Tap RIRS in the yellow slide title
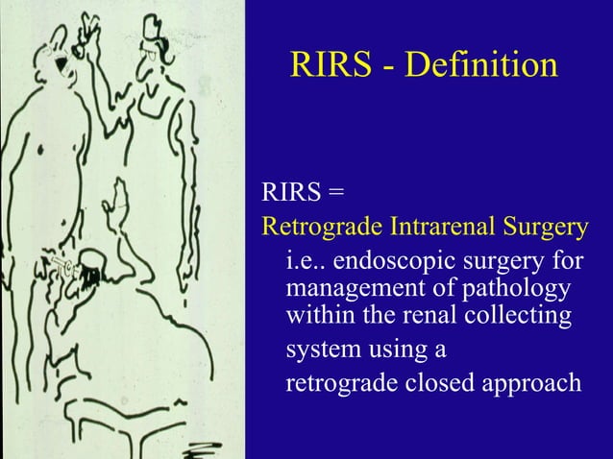tap(328, 65)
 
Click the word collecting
tap(525, 314)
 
